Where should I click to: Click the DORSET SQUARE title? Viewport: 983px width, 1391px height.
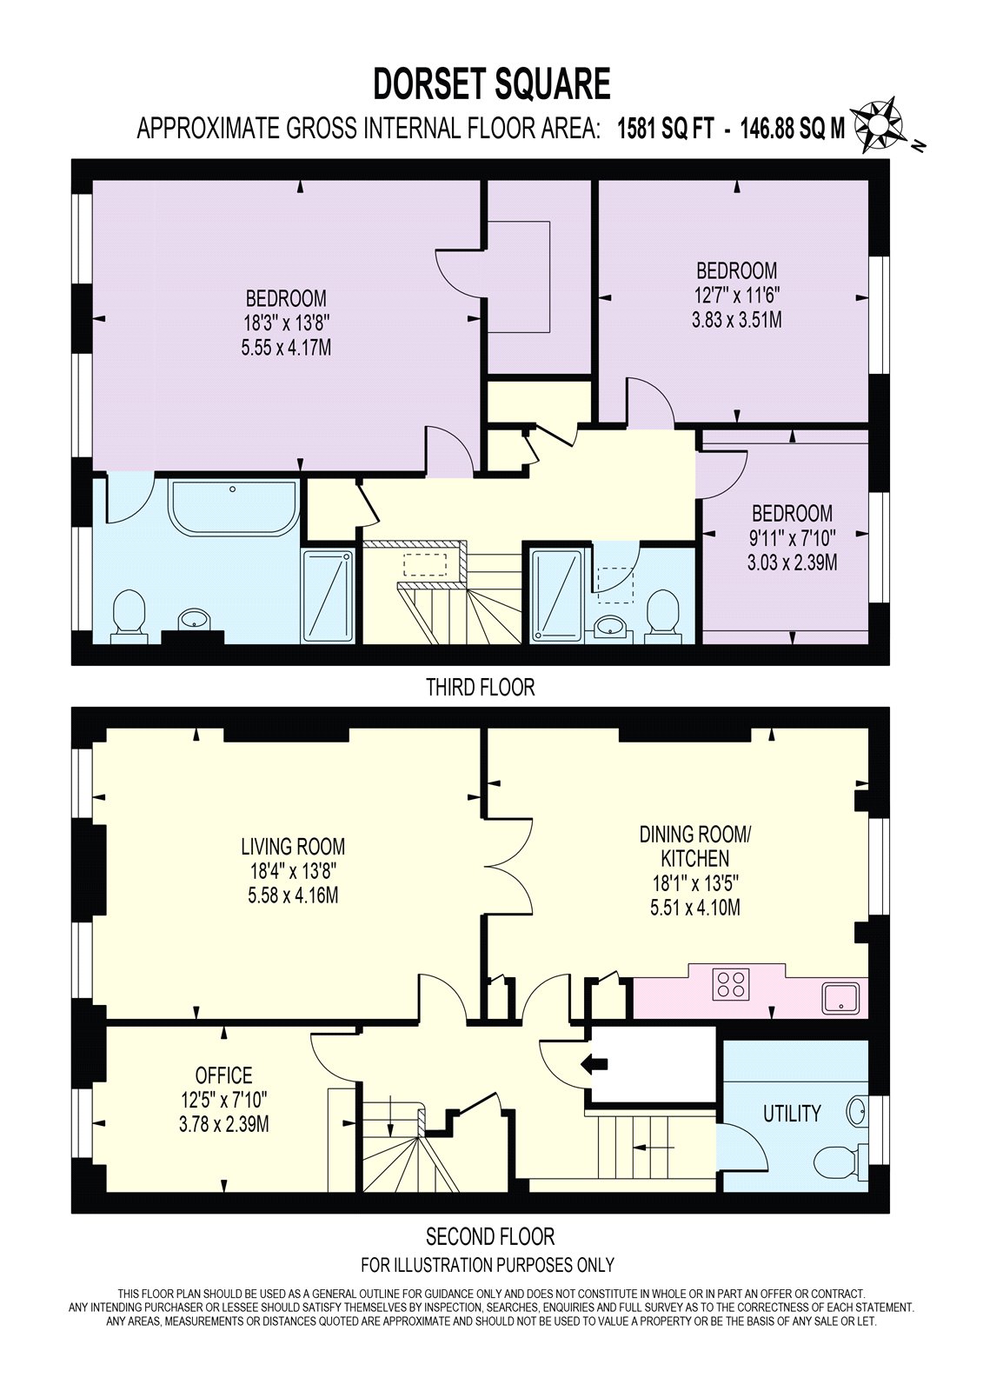[x=491, y=84]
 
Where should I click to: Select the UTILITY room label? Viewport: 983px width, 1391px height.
[x=792, y=1114]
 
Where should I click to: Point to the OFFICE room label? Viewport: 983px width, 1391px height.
[x=223, y=1075]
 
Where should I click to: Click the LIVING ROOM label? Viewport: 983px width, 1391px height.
[x=293, y=847]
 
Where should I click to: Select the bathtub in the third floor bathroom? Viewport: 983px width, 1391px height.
[x=234, y=508]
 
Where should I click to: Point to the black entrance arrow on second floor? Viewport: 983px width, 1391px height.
[x=594, y=1065]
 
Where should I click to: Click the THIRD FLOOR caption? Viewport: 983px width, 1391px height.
[x=480, y=688]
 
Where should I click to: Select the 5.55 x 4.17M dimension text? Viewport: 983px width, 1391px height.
[x=286, y=348]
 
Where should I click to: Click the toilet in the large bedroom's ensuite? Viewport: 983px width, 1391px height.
[x=129, y=616]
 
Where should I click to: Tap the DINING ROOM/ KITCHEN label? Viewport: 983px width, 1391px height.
[x=694, y=846]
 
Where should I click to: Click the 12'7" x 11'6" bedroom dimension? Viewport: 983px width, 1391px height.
[x=736, y=295]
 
